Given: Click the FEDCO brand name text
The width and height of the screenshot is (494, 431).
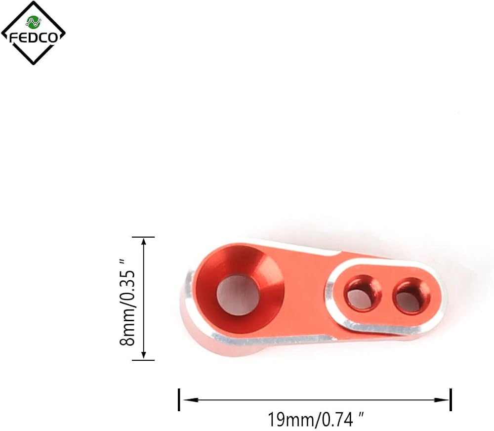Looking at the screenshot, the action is tap(34, 38).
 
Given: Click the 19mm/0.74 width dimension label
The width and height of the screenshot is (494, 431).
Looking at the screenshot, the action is tap(315, 420).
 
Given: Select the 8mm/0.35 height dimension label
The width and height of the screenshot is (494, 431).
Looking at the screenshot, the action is tap(127, 302).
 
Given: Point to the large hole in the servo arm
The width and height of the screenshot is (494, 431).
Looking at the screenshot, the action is tap(238, 295).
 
